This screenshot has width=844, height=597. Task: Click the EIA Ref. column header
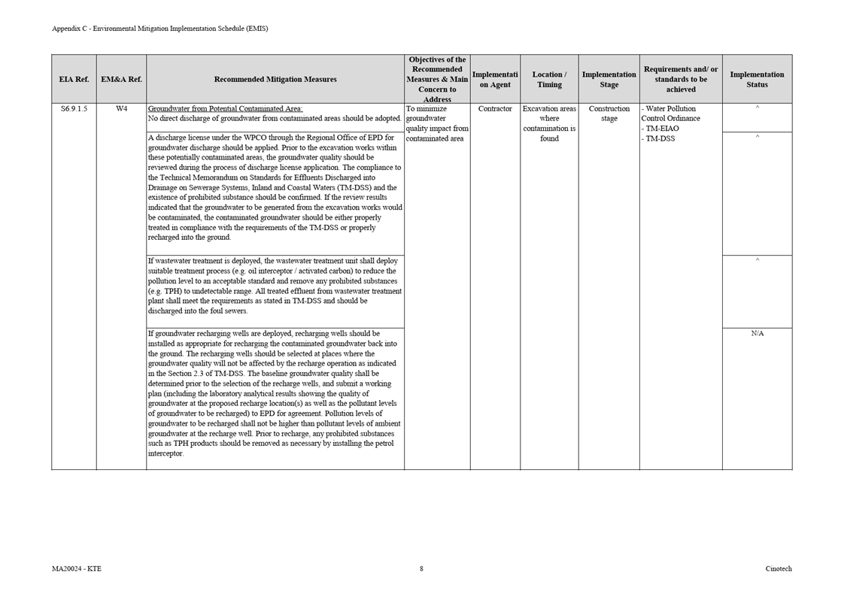74,79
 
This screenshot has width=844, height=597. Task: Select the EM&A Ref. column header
121,79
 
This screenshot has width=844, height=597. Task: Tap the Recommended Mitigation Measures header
275,79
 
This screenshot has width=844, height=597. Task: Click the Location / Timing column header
549,79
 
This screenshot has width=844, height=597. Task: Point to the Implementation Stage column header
609,79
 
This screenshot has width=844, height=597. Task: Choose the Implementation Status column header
757,79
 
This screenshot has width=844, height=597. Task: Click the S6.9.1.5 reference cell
74,109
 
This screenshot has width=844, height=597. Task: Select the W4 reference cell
121,109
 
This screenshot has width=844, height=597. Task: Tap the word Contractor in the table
495,109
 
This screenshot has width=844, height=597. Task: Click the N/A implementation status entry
757,333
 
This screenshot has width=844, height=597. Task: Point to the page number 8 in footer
421,568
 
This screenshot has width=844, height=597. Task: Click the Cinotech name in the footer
779,568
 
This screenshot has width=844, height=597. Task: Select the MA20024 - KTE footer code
76,568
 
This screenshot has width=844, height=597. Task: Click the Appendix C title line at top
159,29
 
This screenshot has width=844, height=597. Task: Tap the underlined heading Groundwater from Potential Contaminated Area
225,109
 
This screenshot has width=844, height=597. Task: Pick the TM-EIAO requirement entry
661,129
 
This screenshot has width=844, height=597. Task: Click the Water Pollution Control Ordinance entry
670,114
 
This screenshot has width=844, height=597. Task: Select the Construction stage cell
609,114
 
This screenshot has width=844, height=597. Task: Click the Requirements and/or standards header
681,79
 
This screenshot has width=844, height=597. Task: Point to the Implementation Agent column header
495,79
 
